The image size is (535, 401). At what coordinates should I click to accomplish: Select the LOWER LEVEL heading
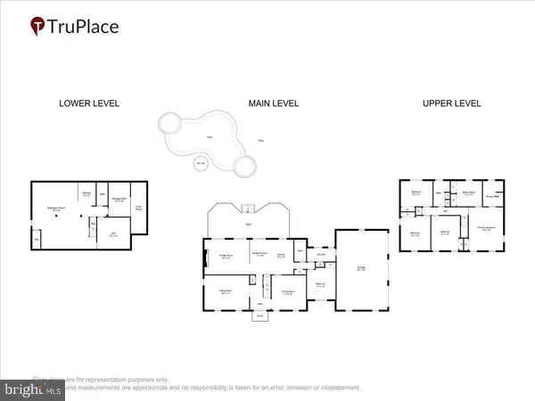coord(88,103)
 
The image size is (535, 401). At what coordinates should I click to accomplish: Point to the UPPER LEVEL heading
coord(451,103)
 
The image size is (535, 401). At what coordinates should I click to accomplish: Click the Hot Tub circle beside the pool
coord(198,163)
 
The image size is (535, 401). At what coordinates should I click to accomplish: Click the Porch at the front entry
coord(259,315)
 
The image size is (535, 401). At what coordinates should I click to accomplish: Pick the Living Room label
coord(225,291)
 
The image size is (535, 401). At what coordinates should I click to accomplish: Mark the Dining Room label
coord(288,291)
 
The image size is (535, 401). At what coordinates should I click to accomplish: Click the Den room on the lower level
coord(113,234)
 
